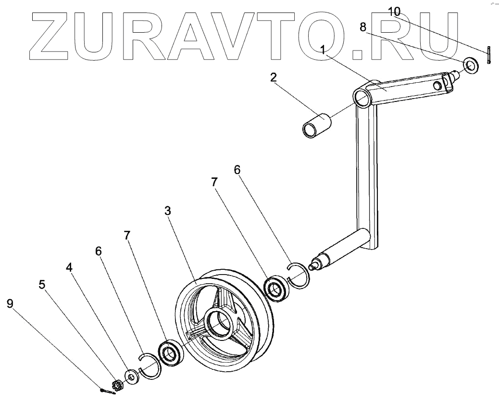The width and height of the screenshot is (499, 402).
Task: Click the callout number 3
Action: (x=167, y=211)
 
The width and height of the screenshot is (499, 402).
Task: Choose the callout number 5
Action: (x=42, y=285)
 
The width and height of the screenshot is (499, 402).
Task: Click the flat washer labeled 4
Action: (x=130, y=377)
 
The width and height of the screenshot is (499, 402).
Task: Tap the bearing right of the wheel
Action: (x=277, y=289)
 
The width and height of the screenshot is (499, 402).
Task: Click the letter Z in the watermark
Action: (x=51, y=37)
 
